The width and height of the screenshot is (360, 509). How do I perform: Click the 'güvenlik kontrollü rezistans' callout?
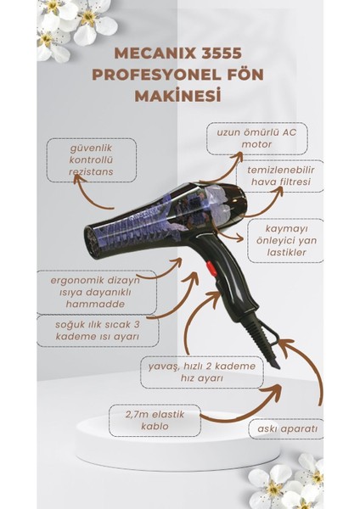point(90,158)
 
